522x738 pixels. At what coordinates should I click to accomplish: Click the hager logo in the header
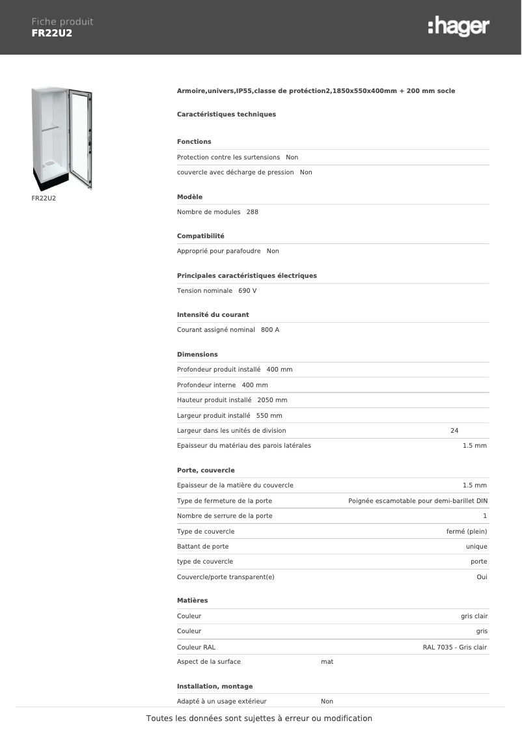[458, 27]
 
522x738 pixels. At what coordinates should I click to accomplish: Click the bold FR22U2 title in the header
[52, 33]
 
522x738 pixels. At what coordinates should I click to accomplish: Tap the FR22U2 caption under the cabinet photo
[44, 197]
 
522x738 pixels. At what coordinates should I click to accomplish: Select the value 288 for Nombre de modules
[253, 212]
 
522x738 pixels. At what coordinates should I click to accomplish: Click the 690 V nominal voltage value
[247, 290]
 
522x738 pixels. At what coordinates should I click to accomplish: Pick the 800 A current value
[270, 330]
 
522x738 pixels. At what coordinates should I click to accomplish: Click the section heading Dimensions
[197, 355]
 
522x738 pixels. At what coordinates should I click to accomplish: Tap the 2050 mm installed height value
[272, 400]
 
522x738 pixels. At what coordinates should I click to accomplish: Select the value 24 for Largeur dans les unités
[454, 430]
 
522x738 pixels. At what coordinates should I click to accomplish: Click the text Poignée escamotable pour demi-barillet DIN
[418, 501]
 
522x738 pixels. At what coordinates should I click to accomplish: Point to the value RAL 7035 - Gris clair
[454, 648]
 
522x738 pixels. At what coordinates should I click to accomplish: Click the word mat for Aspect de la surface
[327, 662]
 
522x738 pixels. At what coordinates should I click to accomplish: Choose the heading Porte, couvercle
[206, 471]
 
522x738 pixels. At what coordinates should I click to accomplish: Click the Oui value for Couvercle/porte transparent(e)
[482, 577]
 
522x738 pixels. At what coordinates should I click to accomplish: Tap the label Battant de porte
[203, 547]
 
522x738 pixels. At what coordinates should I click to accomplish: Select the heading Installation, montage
[215, 687]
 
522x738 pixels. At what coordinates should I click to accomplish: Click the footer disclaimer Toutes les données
[259, 718]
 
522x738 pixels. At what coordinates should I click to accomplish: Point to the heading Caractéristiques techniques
[227, 115]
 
